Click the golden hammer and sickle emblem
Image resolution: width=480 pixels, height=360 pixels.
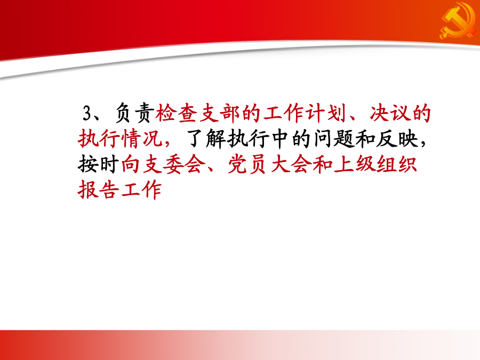(x=458, y=21)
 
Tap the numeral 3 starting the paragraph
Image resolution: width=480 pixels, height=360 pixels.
(x=87, y=113)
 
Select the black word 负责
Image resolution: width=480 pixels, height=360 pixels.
(x=134, y=113)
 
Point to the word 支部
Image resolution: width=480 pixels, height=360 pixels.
(x=219, y=113)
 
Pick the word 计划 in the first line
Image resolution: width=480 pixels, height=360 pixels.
(x=326, y=113)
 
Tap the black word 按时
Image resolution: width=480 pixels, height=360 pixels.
(x=99, y=164)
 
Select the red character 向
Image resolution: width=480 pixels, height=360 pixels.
(x=131, y=164)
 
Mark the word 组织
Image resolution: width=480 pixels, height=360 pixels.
(x=397, y=164)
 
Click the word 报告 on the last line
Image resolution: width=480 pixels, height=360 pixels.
(x=99, y=190)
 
